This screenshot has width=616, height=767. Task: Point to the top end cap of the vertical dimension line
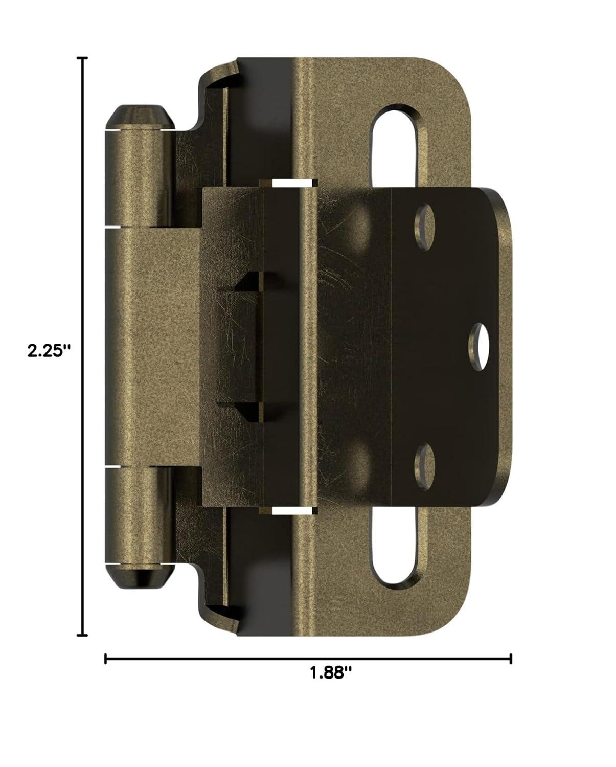[x=82, y=59]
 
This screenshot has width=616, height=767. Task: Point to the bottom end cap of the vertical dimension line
[x=82, y=636]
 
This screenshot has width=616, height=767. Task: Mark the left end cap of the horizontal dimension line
[x=105, y=659]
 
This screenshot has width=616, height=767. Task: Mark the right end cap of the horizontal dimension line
[x=511, y=659]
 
